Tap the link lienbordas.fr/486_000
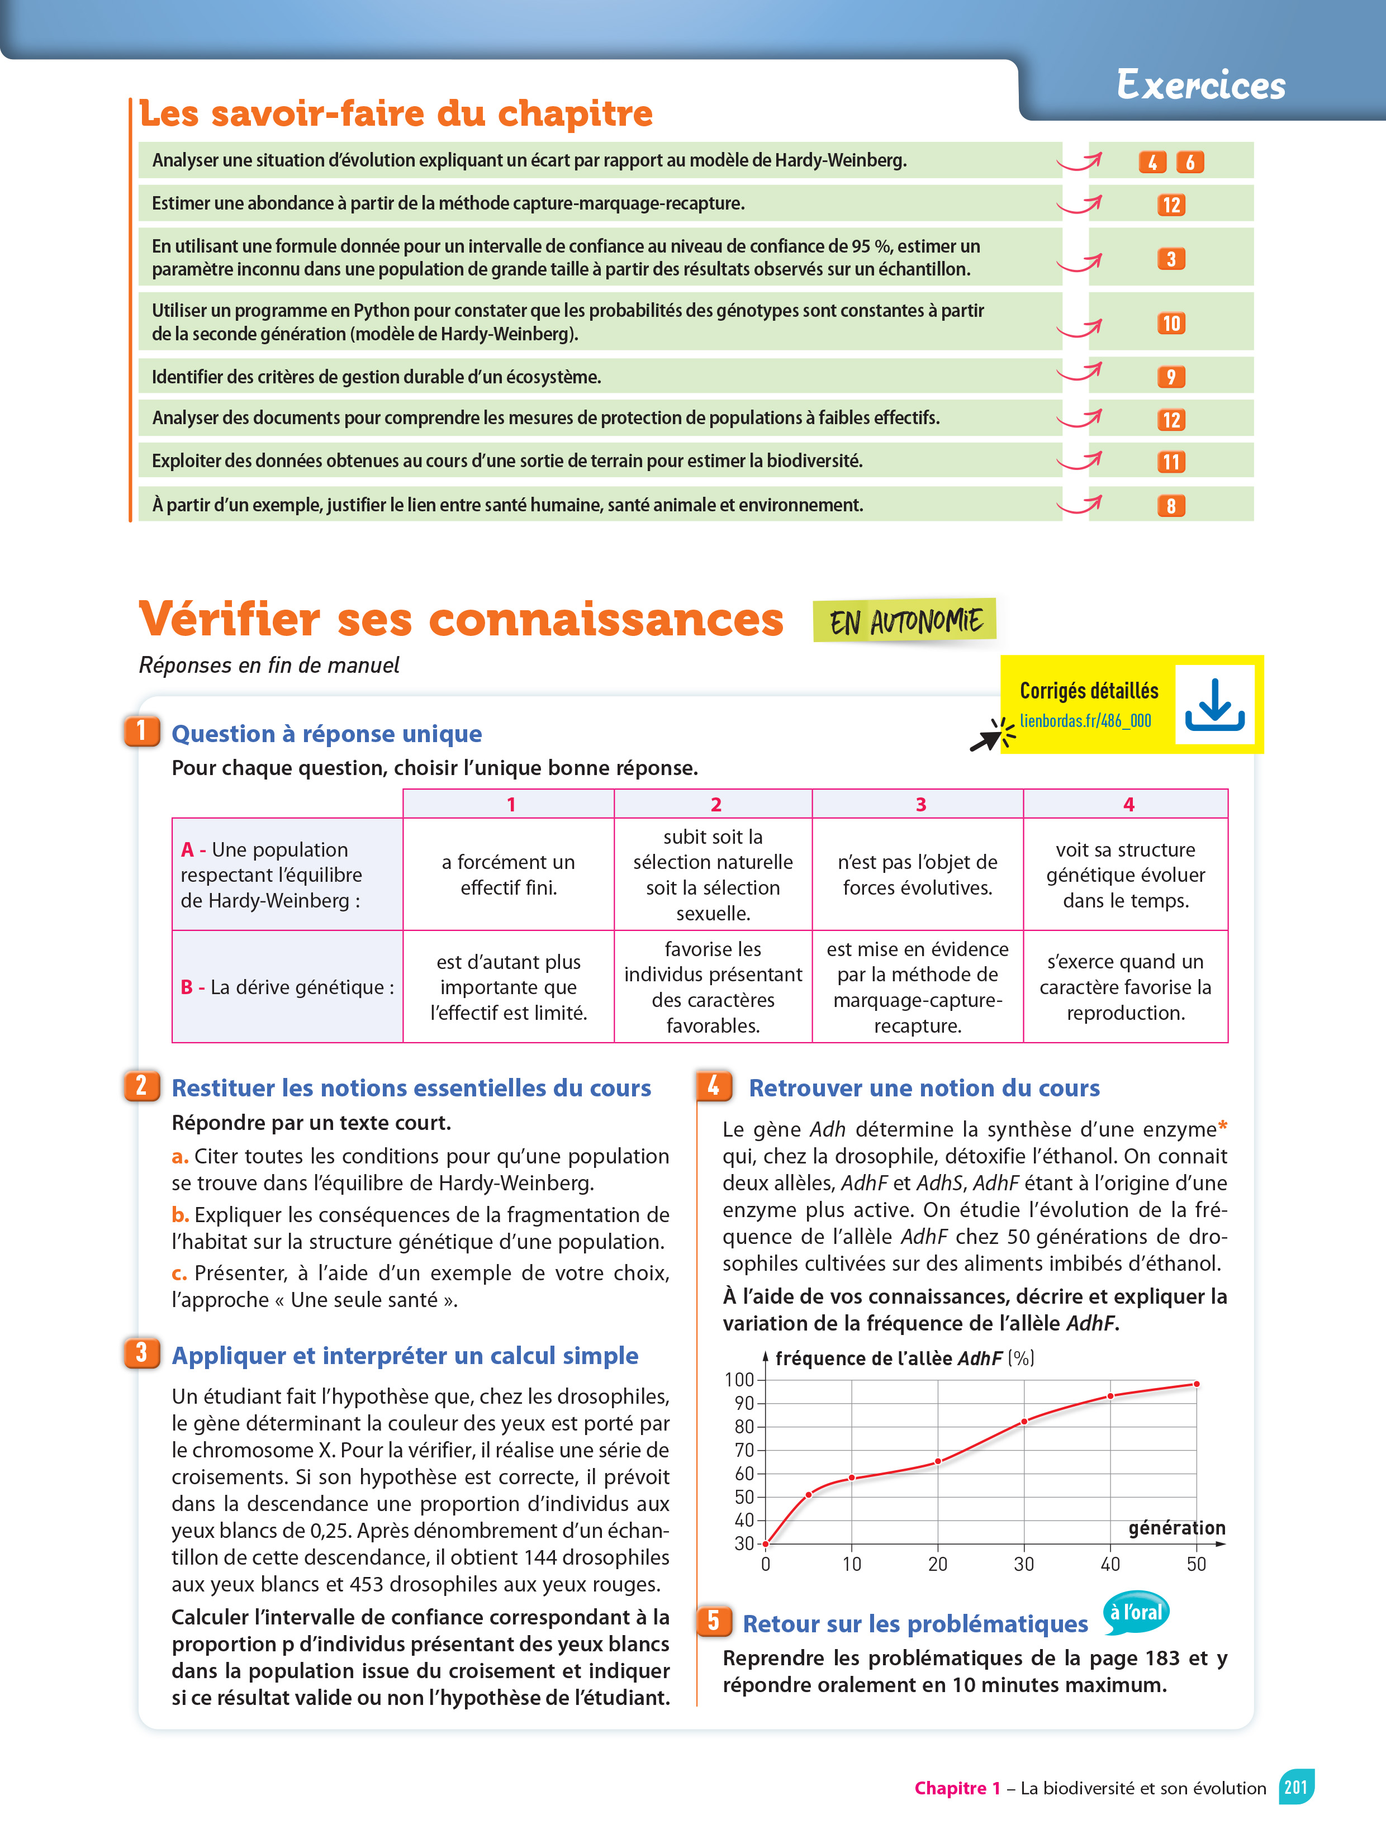tap(1085, 720)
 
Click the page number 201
tap(1296, 1787)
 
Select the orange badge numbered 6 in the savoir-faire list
tap(1190, 162)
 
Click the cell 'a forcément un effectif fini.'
tap(508, 874)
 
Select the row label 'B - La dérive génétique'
tap(287, 987)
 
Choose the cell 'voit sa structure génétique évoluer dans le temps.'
tap(1126, 874)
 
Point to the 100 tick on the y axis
tap(739, 1379)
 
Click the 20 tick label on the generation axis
tap(937, 1564)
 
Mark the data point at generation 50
tap(1197, 1384)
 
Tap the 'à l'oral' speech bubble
tap(1136, 1612)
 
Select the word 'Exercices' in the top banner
tap(1200, 85)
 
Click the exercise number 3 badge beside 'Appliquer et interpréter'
tap(141, 1352)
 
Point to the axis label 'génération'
tap(1176, 1528)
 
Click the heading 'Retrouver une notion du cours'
tap(924, 1088)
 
